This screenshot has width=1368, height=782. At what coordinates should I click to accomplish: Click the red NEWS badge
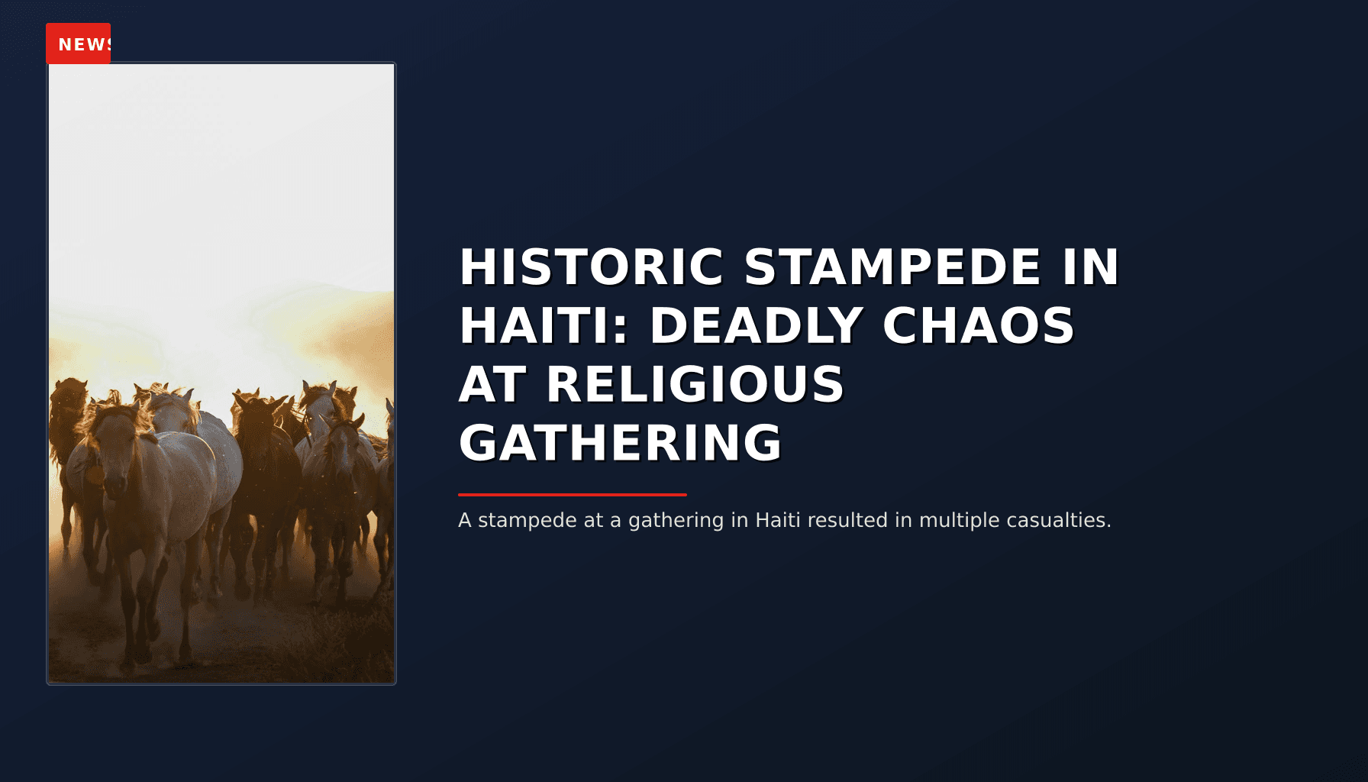[x=79, y=44]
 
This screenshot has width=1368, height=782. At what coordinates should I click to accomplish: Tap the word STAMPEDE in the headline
[x=892, y=267]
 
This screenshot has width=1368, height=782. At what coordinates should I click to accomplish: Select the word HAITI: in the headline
[x=544, y=326]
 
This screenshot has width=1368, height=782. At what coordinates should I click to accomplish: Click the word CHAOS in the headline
[x=978, y=326]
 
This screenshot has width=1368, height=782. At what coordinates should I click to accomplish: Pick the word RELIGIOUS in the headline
[x=695, y=384]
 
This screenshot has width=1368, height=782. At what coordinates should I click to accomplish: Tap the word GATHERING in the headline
[x=620, y=443]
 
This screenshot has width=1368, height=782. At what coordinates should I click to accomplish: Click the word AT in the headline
[x=492, y=384]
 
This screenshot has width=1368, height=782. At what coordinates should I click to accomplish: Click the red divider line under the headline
[x=573, y=495]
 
